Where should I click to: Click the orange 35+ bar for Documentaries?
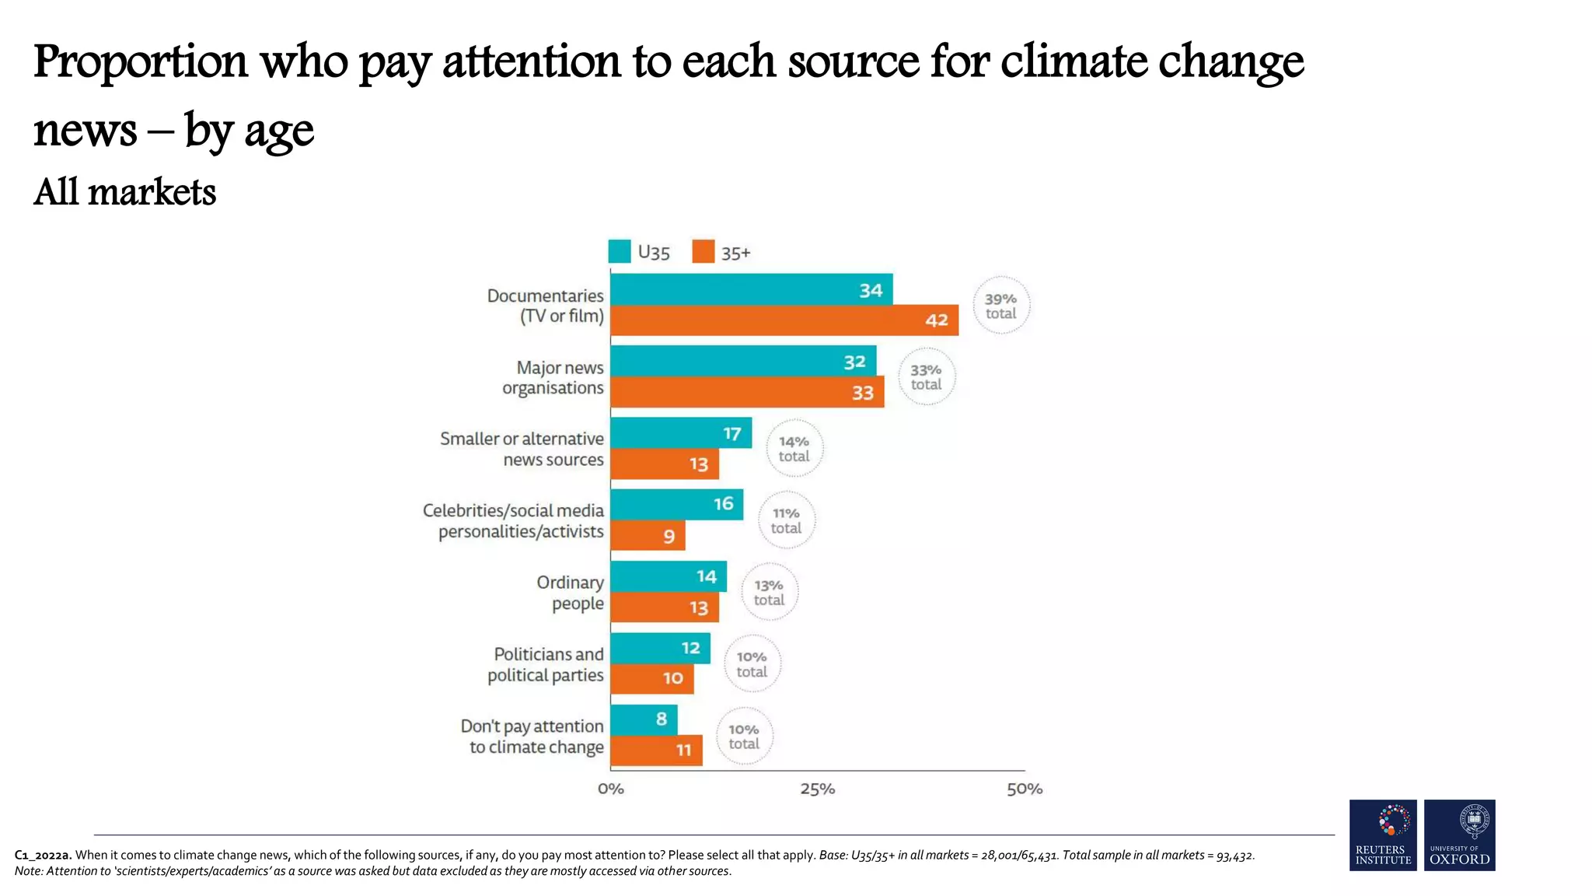pos(784,320)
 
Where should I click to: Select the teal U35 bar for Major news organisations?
pos(743,361)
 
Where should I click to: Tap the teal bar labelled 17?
pos(681,432)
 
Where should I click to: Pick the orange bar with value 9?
pos(648,535)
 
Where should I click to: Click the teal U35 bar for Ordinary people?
pos(669,576)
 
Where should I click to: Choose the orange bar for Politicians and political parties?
pos(651,678)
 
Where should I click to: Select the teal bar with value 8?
pos(644,719)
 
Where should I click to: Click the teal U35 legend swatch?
pos(620,252)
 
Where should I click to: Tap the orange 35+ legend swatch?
pos(703,252)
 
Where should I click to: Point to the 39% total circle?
pos(1000,306)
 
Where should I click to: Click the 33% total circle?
pos(926,377)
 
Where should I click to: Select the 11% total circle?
pos(786,520)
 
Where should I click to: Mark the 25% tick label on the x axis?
pos(817,789)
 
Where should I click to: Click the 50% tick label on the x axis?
pos(1025,789)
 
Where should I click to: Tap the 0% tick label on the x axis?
pos(611,789)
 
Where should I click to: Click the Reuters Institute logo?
pos(1383,835)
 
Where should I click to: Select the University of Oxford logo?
pos(1459,835)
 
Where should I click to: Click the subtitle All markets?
pos(124,192)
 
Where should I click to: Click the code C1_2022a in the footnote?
pos(43,855)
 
